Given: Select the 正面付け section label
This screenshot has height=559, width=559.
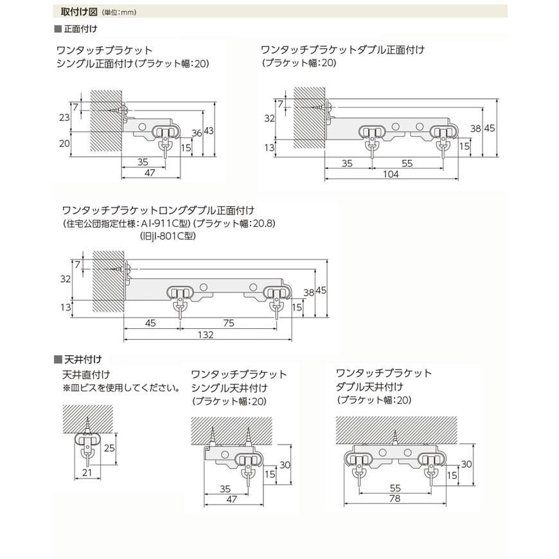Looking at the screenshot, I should pyautogui.click(x=78, y=29).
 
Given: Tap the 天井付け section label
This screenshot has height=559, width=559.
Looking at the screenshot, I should pyautogui.click(x=78, y=359).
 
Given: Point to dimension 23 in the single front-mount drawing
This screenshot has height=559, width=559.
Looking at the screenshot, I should pyautogui.click(x=64, y=118).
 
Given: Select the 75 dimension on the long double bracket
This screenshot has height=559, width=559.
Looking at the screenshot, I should pyautogui.click(x=228, y=323).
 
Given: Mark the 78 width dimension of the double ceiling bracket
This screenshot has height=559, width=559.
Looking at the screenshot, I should pyautogui.click(x=393, y=499).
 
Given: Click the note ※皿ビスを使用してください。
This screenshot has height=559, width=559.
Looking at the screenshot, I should pyautogui.click(x=121, y=387).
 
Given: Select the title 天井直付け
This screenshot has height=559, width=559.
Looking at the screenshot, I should pyautogui.click(x=86, y=375).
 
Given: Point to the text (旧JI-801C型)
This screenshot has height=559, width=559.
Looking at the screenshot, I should pyautogui.click(x=168, y=236).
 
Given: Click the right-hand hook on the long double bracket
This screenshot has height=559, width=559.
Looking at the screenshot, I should pyautogui.click(x=277, y=308).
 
